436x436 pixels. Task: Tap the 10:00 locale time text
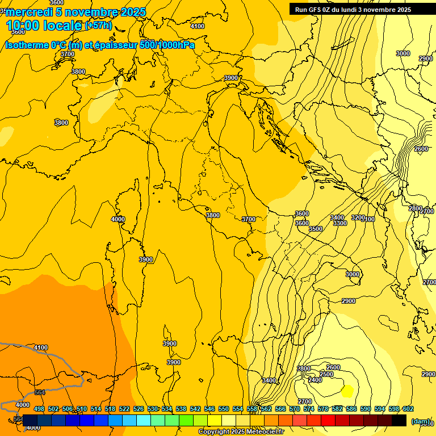[44, 26]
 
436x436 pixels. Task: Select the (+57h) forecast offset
[98, 26]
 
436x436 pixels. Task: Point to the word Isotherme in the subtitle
[26, 44]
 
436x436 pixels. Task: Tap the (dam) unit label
[421, 421]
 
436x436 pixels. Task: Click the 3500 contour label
[316, 229]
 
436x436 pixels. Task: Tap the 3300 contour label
[339, 223]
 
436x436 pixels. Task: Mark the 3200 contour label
[358, 217]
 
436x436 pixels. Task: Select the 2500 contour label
[326, 374]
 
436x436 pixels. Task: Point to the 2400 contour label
[315, 380]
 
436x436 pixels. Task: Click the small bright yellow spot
[347, 390]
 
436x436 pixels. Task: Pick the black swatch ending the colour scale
[399, 420]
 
